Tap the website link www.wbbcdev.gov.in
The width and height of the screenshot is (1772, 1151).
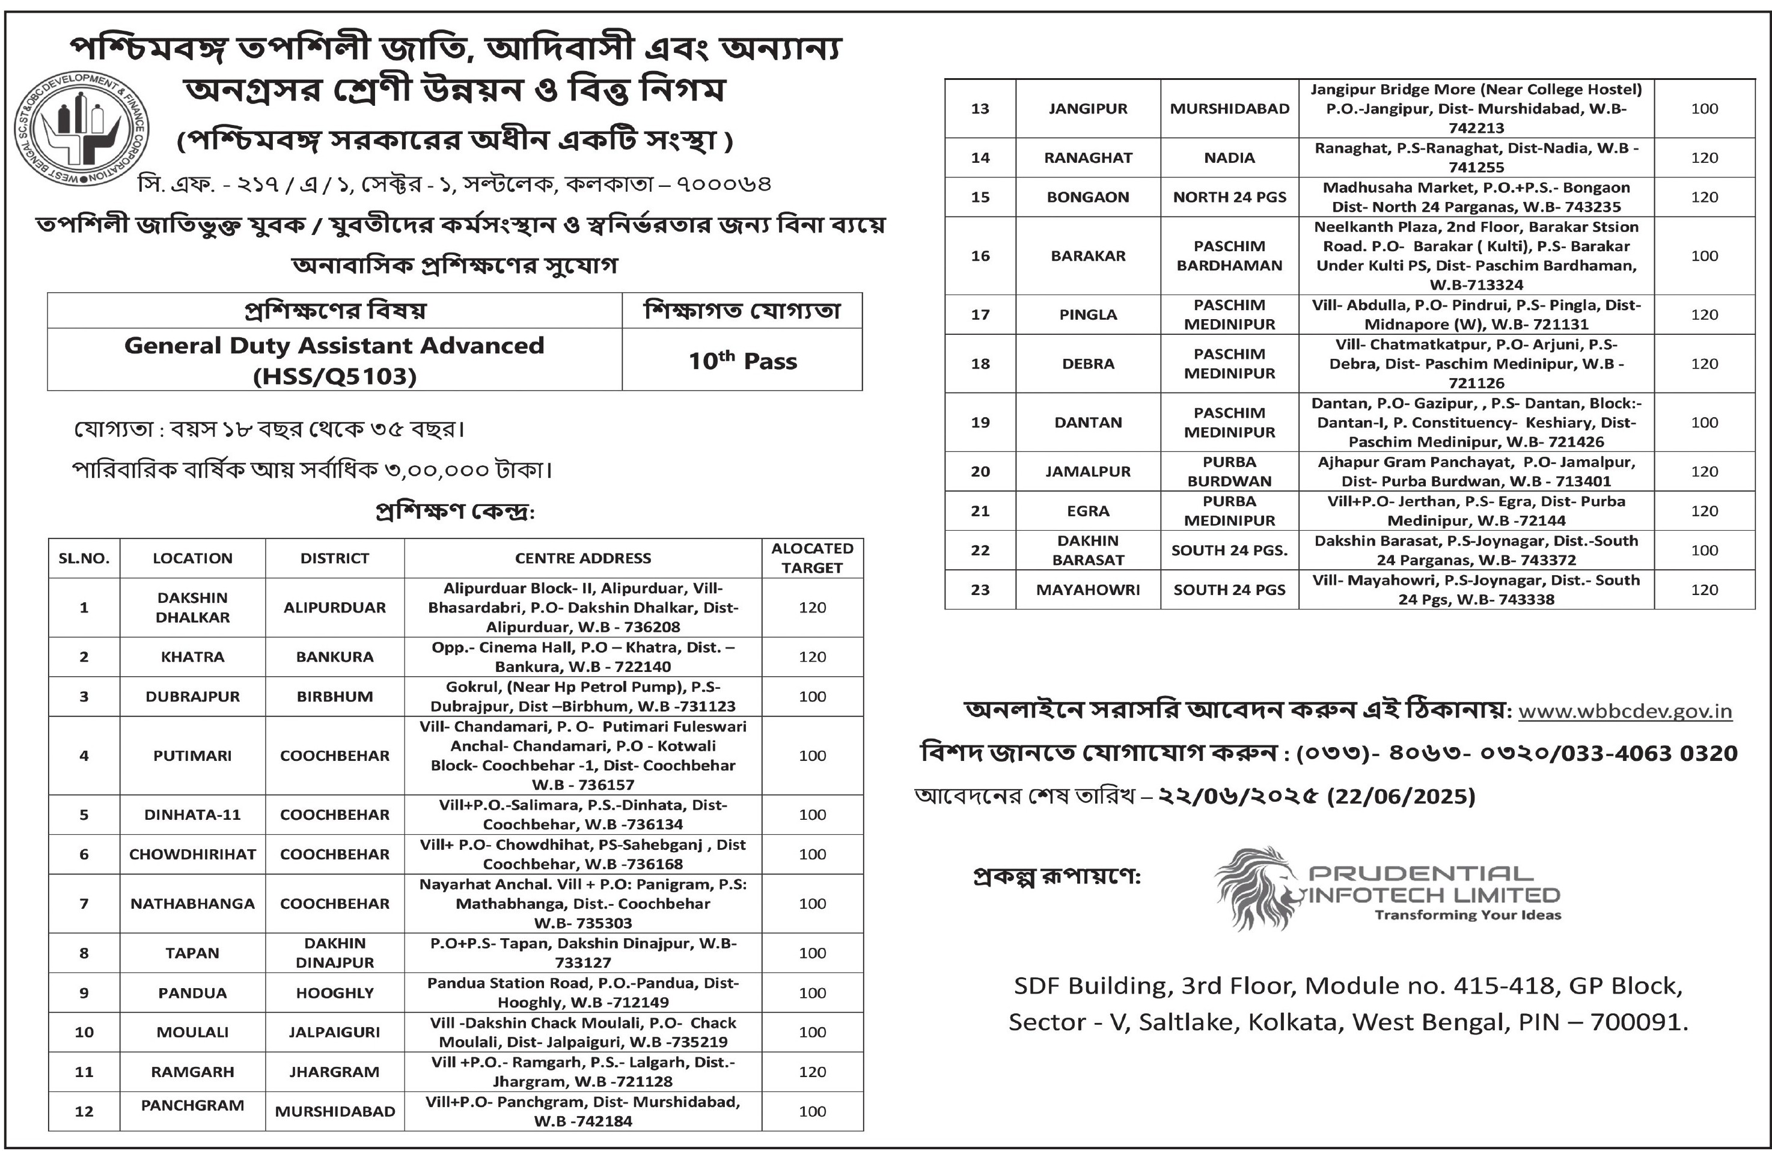tap(1625, 711)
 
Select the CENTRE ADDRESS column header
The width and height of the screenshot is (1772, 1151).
tap(583, 558)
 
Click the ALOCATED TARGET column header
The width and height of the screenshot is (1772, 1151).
tap(811, 558)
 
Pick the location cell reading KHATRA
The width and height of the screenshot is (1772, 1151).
tap(192, 657)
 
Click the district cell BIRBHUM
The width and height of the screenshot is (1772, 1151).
tap(334, 697)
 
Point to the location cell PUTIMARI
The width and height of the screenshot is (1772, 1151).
tap(192, 756)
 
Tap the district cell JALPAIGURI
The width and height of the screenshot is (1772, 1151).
tap(334, 1032)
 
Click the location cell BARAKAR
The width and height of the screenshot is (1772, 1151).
tap(1088, 256)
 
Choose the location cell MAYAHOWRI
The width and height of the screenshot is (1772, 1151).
tap(1088, 590)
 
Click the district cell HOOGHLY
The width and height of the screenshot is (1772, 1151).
tap(334, 992)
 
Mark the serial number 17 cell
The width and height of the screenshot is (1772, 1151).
tap(980, 315)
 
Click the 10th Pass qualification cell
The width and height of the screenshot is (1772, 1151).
tap(742, 361)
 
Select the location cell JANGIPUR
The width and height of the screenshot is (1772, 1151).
tap(1088, 109)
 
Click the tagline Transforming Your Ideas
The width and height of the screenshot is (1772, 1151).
tap(1467, 915)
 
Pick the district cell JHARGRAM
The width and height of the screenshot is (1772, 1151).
tap(334, 1072)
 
